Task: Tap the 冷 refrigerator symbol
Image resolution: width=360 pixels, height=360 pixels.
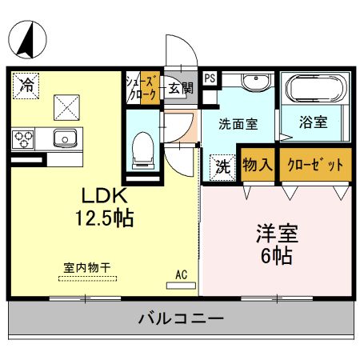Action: [x=26, y=82]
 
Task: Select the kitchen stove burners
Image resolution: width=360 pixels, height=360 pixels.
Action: [x=23, y=138]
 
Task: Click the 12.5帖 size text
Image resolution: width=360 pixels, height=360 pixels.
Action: [x=105, y=218]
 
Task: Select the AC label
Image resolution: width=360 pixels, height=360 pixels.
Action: [x=181, y=274]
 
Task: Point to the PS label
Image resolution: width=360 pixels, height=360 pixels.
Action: [x=209, y=78]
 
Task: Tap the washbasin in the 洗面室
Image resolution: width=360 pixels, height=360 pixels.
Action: [x=256, y=82]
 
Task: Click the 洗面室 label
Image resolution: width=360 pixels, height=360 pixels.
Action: [x=239, y=125]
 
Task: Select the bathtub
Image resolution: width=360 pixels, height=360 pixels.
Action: [x=315, y=89]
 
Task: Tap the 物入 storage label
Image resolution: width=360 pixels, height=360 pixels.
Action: [x=258, y=165]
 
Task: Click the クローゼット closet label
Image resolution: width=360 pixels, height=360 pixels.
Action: [x=315, y=165]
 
